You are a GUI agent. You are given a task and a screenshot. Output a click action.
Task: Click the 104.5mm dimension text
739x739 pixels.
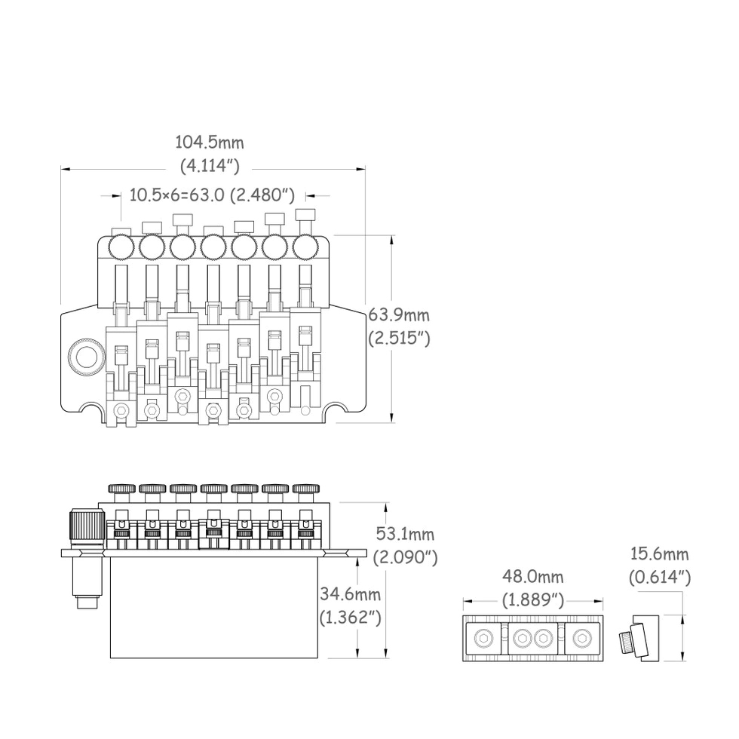click(210, 143)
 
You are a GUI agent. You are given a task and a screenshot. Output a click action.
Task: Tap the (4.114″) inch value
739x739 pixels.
click(210, 165)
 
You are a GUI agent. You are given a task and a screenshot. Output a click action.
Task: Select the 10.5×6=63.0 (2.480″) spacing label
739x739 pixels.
click(212, 195)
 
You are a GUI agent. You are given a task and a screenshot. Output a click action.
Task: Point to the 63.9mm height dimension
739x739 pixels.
click(399, 314)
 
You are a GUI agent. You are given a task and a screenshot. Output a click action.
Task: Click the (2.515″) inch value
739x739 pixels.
click(399, 338)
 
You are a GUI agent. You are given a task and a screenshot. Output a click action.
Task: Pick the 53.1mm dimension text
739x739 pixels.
click(406, 534)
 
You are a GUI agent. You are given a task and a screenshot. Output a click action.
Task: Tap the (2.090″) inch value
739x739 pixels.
click(406, 557)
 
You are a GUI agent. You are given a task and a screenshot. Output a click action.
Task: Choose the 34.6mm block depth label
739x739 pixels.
click(350, 594)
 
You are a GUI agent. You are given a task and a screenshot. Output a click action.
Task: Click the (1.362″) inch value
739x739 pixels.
click(350, 617)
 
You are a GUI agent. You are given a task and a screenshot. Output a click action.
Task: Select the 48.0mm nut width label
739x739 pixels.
click(532, 576)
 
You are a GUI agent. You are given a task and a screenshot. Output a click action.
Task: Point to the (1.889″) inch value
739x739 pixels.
click(532, 600)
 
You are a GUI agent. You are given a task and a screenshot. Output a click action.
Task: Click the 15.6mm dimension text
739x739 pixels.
click(659, 553)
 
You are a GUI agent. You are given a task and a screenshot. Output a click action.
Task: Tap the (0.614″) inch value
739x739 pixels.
click(659, 578)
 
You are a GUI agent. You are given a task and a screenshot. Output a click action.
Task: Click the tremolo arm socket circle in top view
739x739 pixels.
click(86, 357)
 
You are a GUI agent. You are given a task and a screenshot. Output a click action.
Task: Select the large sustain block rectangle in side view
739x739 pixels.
click(214, 607)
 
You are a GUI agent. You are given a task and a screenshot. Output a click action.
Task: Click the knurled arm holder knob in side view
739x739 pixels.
click(87, 529)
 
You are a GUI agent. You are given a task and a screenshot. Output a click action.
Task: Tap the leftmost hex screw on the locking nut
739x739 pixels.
click(483, 639)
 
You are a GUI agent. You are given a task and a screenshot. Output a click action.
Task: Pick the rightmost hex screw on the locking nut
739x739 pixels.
click(582, 639)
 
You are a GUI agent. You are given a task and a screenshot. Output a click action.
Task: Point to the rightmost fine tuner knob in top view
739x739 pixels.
click(304, 247)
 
